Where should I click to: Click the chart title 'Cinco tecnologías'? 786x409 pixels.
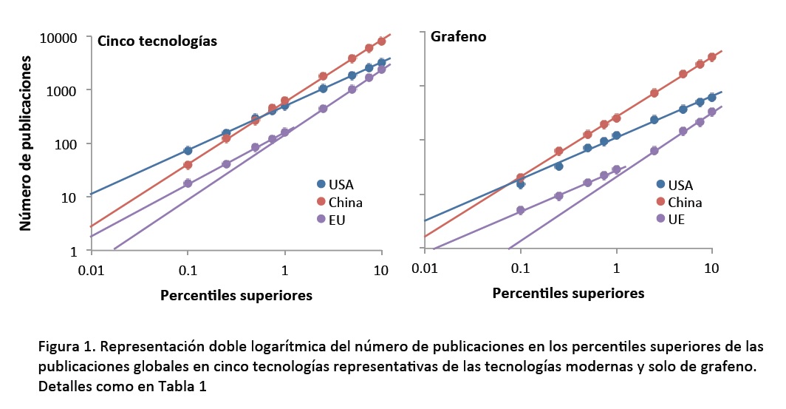click(157, 41)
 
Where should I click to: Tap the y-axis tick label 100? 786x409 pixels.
click(69, 143)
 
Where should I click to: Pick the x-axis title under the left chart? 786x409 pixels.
click(236, 295)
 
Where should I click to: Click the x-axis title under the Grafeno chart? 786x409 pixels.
click(568, 293)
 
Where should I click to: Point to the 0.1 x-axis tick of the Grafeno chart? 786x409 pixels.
click(521, 267)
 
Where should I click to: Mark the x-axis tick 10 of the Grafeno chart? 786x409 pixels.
click(711, 267)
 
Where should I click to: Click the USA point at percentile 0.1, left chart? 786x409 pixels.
click(188, 150)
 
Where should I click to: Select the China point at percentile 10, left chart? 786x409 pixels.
click(381, 41)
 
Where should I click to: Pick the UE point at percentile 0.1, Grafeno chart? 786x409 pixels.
click(521, 210)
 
